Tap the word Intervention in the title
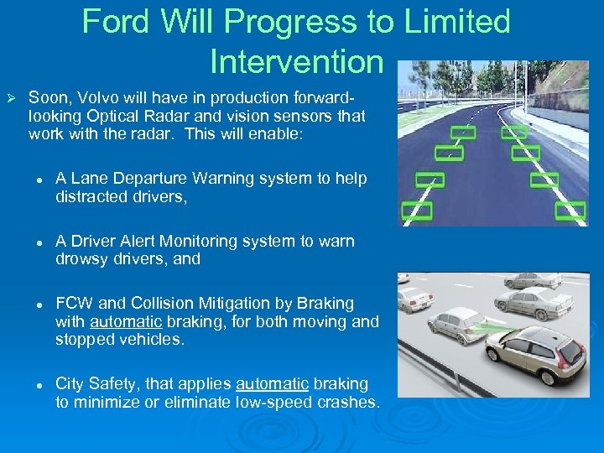pyautogui.click(x=296, y=61)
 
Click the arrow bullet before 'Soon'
pyautogui.click(x=12, y=97)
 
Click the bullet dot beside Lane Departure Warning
pyautogui.click(x=39, y=179)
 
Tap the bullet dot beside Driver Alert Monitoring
pyautogui.click(x=39, y=241)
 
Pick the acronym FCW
pyautogui.click(x=72, y=303)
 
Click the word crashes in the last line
pyautogui.click(x=349, y=402)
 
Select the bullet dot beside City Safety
pyautogui.click(x=39, y=383)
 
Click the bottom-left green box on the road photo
pyautogui.click(x=416, y=210)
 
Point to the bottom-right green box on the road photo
pyautogui.click(x=570, y=210)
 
